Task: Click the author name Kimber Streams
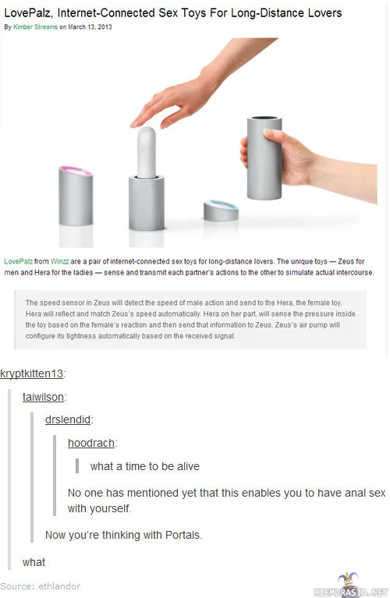(35, 27)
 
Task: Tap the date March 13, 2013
(90, 27)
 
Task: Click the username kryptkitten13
(32, 373)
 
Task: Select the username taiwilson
(43, 397)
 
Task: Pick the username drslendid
(68, 419)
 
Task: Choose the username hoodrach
(91, 443)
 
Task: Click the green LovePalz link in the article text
(18, 262)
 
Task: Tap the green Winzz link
(60, 262)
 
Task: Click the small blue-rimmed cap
(221, 211)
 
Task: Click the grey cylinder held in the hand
(264, 158)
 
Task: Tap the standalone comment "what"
(34, 563)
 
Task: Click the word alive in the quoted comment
(189, 466)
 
